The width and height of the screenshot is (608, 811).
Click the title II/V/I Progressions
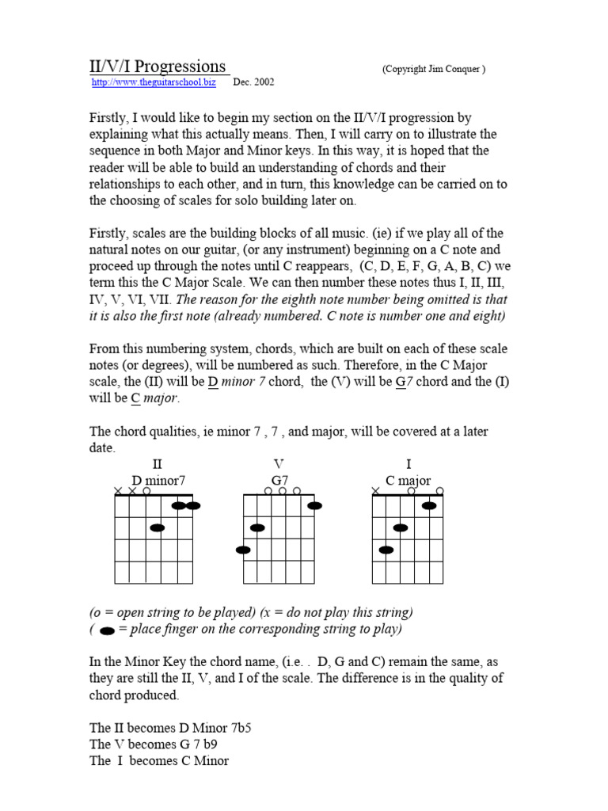click(158, 66)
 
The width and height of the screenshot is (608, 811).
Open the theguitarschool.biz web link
click(154, 82)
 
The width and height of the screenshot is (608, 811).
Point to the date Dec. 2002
click(254, 82)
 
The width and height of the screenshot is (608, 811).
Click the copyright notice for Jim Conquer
click(434, 69)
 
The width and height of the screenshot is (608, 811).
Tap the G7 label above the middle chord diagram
click(279, 480)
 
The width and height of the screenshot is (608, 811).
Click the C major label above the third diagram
click(408, 480)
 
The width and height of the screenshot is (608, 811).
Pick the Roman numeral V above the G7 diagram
click(278, 464)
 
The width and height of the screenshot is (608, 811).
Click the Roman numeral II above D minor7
click(157, 464)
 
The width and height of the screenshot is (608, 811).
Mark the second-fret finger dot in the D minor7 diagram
click(157, 527)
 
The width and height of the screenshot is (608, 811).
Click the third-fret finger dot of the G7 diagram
click(243, 550)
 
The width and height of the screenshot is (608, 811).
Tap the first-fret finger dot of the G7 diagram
click(314, 505)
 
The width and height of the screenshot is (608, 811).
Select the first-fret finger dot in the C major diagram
click(429, 505)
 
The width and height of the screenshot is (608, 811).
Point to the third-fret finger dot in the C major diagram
click(386, 550)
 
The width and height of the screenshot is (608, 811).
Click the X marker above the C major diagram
click(374, 491)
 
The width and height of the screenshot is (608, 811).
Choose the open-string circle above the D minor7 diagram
click(146, 491)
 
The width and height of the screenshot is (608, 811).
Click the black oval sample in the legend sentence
click(107, 630)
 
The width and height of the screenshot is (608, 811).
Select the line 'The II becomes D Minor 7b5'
click(157, 727)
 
